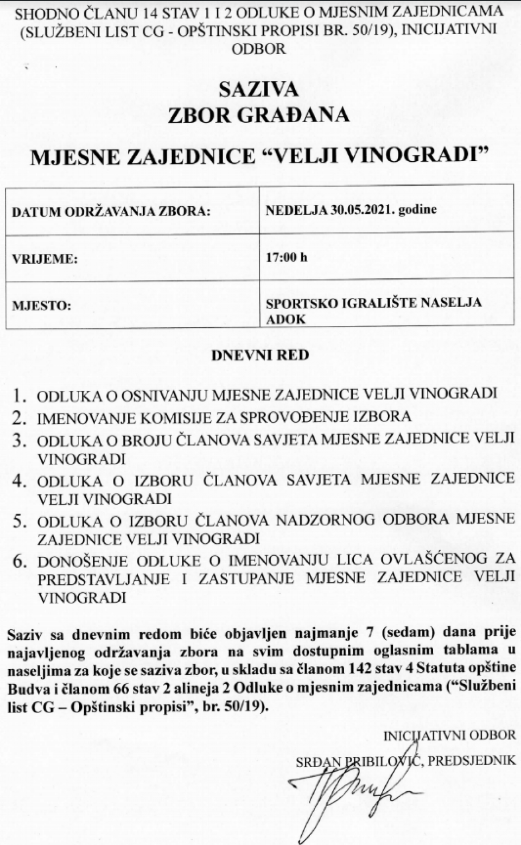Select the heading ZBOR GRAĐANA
258,115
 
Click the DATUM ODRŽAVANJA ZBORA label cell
111,211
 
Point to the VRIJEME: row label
45,259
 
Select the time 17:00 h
287,257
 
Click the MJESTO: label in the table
42,306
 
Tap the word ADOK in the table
285,319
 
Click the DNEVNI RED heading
260,355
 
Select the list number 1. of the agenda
20,396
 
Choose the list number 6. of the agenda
20,561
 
